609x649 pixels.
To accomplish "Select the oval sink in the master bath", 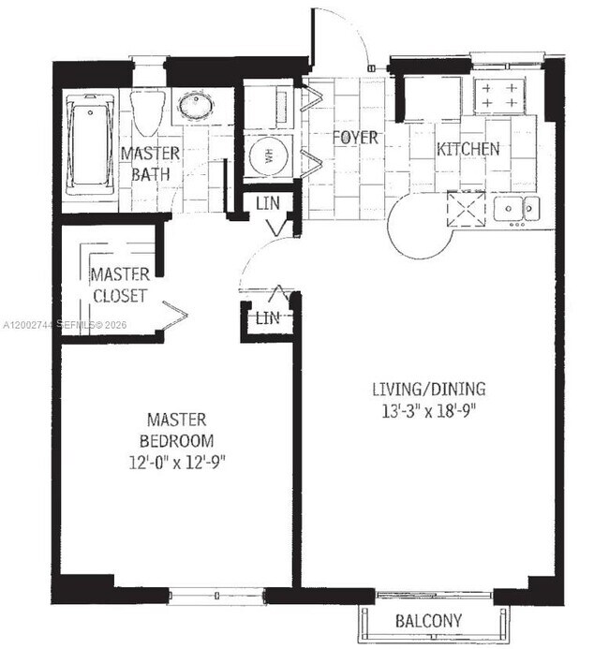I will coord(196,106).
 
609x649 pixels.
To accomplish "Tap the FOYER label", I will coord(356,138).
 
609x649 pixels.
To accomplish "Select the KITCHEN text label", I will coord(468,149).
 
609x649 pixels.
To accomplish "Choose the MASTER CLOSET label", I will coord(119,285).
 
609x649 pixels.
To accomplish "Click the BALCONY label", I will coord(428,621).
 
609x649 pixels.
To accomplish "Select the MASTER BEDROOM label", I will coord(176,430).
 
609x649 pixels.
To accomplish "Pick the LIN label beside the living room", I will coord(268,318).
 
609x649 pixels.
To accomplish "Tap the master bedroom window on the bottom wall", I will coord(216,593).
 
